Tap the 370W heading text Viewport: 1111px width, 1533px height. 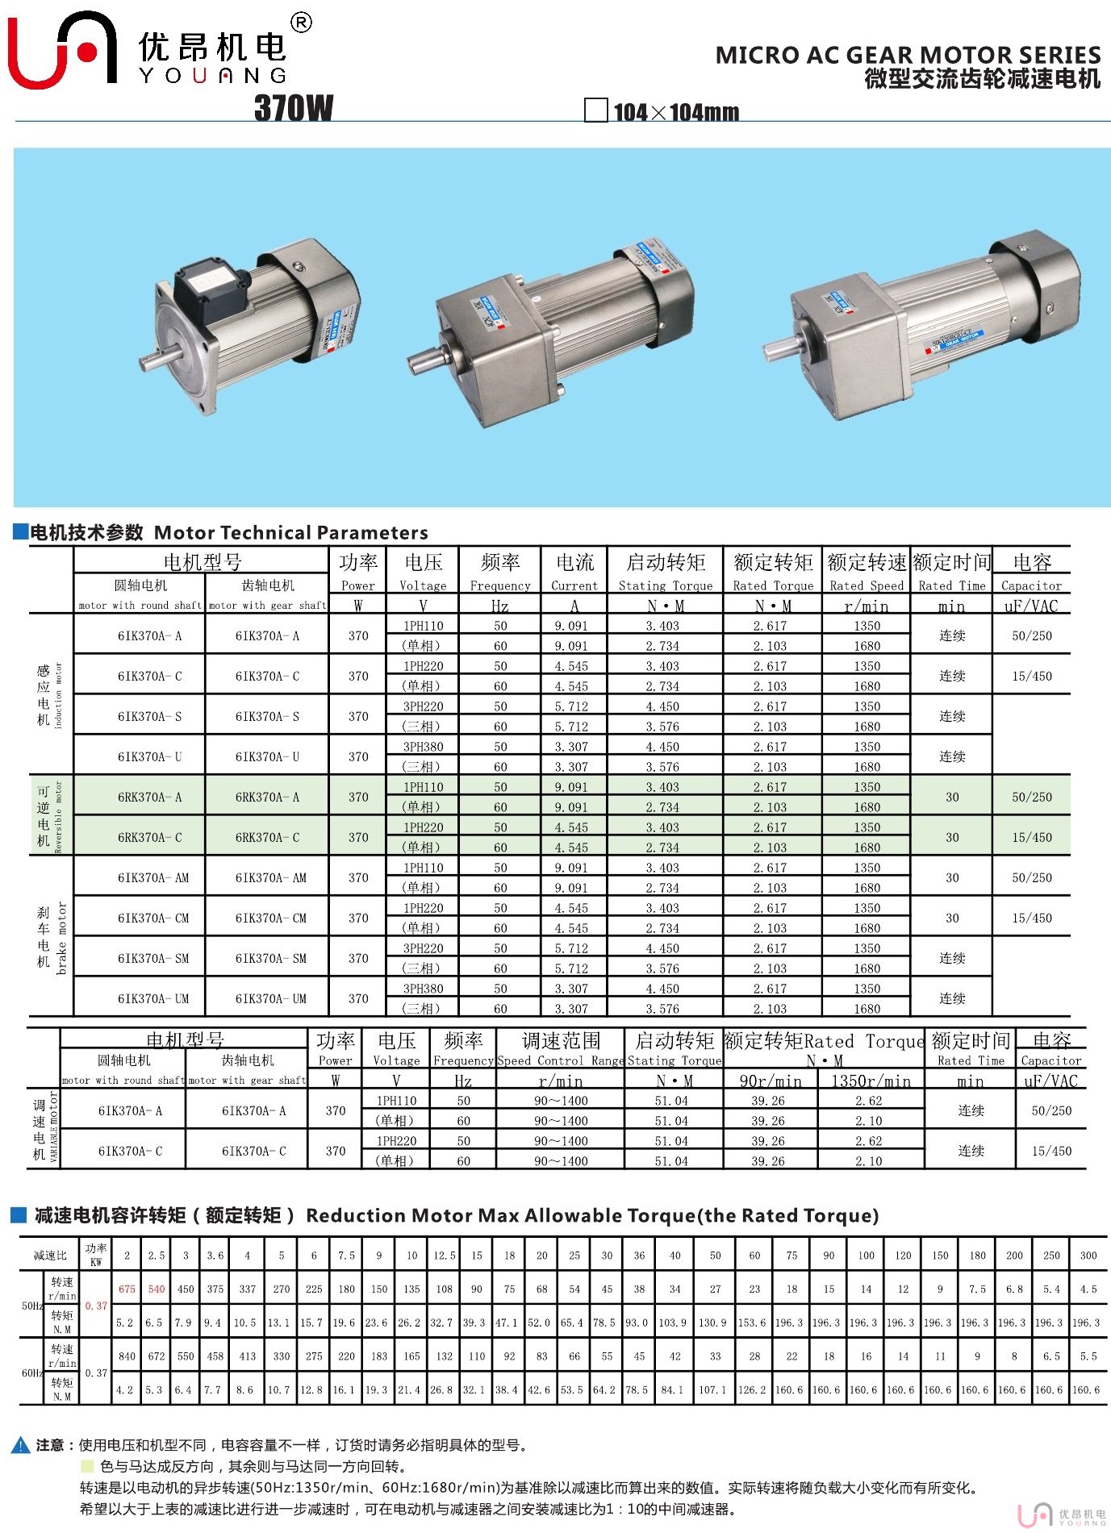coord(294,107)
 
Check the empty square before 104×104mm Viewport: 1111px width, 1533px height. coord(595,110)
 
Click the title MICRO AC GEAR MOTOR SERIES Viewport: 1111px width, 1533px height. coord(908,55)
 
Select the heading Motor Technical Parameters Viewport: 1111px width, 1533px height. coord(290,532)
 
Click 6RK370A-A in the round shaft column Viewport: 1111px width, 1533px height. coord(150,797)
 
